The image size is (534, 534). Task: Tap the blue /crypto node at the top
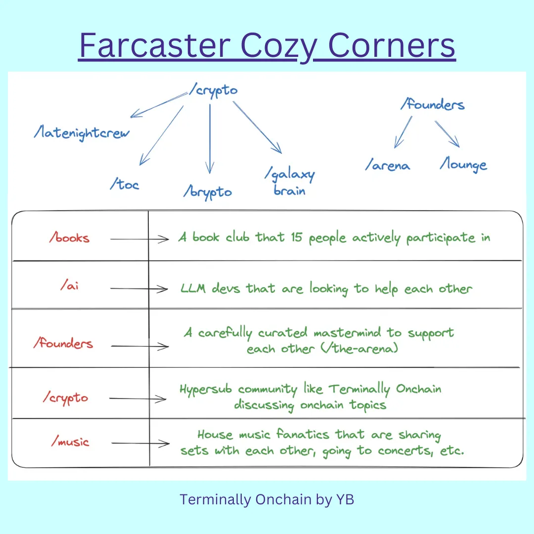click(214, 90)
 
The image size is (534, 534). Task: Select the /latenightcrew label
click(82, 133)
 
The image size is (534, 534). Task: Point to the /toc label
click(124, 184)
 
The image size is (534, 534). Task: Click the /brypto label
click(208, 192)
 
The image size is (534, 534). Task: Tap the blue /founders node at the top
click(433, 104)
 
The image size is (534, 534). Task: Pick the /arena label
click(388, 165)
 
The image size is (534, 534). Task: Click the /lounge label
click(463, 165)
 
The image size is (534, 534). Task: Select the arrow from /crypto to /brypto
click(210, 139)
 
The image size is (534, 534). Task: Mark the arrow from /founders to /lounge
click(447, 134)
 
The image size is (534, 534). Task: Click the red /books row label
click(70, 237)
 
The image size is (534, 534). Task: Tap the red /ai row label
click(70, 285)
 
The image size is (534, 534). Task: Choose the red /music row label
click(70, 442)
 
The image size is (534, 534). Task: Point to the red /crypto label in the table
click(65, 398)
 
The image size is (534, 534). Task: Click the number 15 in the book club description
click(296, 237)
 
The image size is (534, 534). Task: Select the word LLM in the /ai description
click(193, 288)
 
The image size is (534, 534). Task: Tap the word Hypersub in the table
click(206, 389)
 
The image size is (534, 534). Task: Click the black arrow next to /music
click(140, 443)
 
